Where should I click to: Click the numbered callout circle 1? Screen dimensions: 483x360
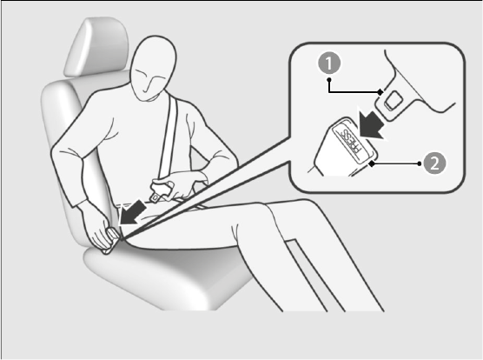pyautogui.click(x=329, y=63)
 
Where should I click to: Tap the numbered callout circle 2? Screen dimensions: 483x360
pyautogui.click(x=434, y=163)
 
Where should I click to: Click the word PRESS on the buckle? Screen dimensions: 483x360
pyautogui.click(x=348, y=141)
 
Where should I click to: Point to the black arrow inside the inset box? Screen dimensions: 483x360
pyautogui.click(x=372, y=125)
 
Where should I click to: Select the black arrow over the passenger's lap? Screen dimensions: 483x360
pyautogui.click(x=132, y=213)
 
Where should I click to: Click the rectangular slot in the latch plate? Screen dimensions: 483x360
pyautogui.click(x=393, y=101)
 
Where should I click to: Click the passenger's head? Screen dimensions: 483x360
pyautogui.click(x=153, y=69)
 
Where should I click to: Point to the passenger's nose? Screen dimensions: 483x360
pyautogui.click(x=149, y=86)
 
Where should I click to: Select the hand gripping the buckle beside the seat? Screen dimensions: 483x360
pyautogui.click(x=97, y=227)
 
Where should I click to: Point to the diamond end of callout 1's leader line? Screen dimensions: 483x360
pyautogui.click(x=380, y=92)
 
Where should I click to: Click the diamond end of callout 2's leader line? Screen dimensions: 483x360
pyautogui.click(x=372, y=163)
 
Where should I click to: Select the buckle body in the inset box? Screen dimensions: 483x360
pyautogui.click(x=342, y=148)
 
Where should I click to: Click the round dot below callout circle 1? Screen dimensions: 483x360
pyautogui.click(x=329, y=80)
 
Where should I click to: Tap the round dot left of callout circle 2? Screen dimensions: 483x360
pyautogui.click(x=420, y=163)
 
